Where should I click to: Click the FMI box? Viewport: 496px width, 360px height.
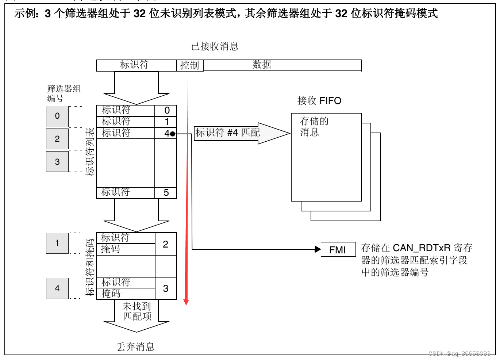[x=338, y=249]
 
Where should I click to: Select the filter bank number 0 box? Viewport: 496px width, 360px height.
[x=57, y=116]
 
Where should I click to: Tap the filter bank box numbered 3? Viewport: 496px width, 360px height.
[x=57, y=162]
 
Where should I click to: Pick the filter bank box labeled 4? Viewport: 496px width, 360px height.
[x=57, y=288]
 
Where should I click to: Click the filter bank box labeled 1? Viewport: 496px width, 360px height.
[x=57, y=243]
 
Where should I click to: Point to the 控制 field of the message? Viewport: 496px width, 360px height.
[x=190, y=65]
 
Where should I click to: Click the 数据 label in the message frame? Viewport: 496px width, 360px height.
[x=262, y=65]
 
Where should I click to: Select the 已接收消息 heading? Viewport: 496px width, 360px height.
[x=215, y=46]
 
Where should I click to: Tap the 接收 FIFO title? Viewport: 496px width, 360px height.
[x=319, y=101]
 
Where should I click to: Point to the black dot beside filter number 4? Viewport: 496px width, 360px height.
[x=173, y=134]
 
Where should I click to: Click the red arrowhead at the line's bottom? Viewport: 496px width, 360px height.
[x=186, y=302]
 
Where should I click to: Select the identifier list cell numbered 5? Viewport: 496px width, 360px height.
[x=166, y=193]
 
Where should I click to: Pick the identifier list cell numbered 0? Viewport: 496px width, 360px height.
[x=167, y=110]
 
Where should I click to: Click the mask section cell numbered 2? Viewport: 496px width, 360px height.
[x=166, y=244]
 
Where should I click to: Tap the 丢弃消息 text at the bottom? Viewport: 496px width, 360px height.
[x=135, y=346]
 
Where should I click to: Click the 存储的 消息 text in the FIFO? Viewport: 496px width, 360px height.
[x=314, y=126]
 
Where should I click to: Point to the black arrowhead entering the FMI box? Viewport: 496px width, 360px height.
[x=318, y=249]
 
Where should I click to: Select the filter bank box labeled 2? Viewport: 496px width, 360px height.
[x=57, y=139]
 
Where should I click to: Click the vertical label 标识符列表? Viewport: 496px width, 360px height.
[x=90, y=152]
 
